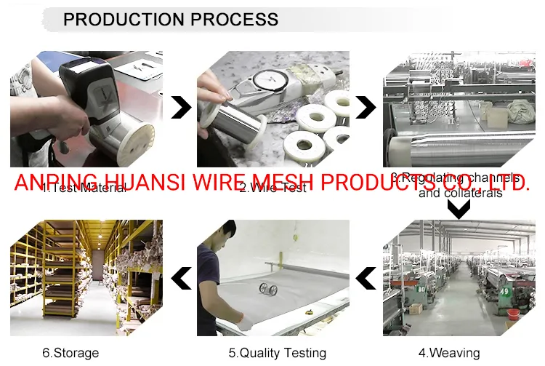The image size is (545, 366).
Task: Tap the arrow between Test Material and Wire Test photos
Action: coord(180,108)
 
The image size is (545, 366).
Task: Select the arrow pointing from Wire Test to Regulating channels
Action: coord(366,108)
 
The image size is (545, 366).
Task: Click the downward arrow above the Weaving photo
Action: coord(459,210)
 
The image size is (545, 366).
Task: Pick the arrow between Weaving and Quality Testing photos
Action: coord(366,277)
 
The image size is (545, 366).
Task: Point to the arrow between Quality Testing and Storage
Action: coord(180,277)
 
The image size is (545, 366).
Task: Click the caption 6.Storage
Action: coord(70,353)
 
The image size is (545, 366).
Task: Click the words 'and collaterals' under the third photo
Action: coord(460,194)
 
